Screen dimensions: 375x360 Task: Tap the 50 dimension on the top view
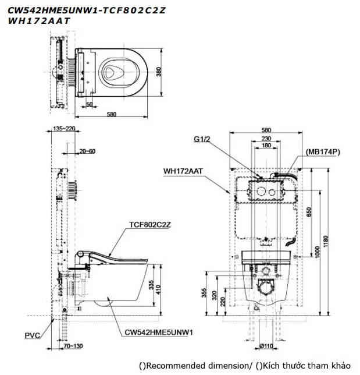pyautogui.click(x=89, y=104)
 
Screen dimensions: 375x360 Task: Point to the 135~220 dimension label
pyautogui.click(x=64, y=129)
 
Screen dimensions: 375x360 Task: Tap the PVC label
pyautogui.click(x=33, y=335)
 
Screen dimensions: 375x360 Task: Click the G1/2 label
pyautogui.click(x=203, y=139)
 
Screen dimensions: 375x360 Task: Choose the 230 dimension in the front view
pyautogui.click(x=266, y=138)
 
